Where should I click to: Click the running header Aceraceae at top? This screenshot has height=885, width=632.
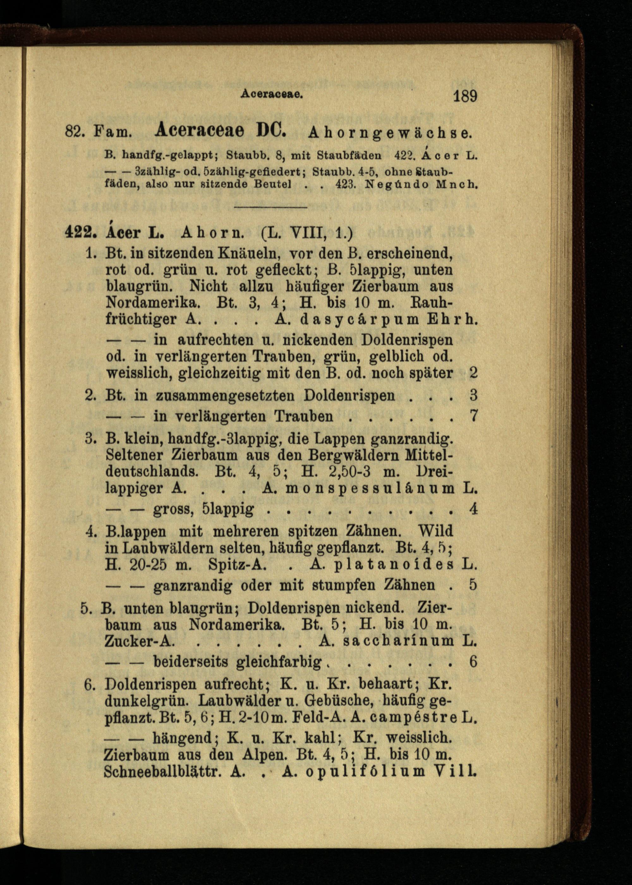[x=272, y=94]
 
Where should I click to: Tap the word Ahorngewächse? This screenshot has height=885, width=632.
[x=390, y=133]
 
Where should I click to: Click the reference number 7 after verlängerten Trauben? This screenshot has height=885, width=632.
[x=473, y=416]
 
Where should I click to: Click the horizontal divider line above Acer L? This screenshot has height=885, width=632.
[x=270, y=207]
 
